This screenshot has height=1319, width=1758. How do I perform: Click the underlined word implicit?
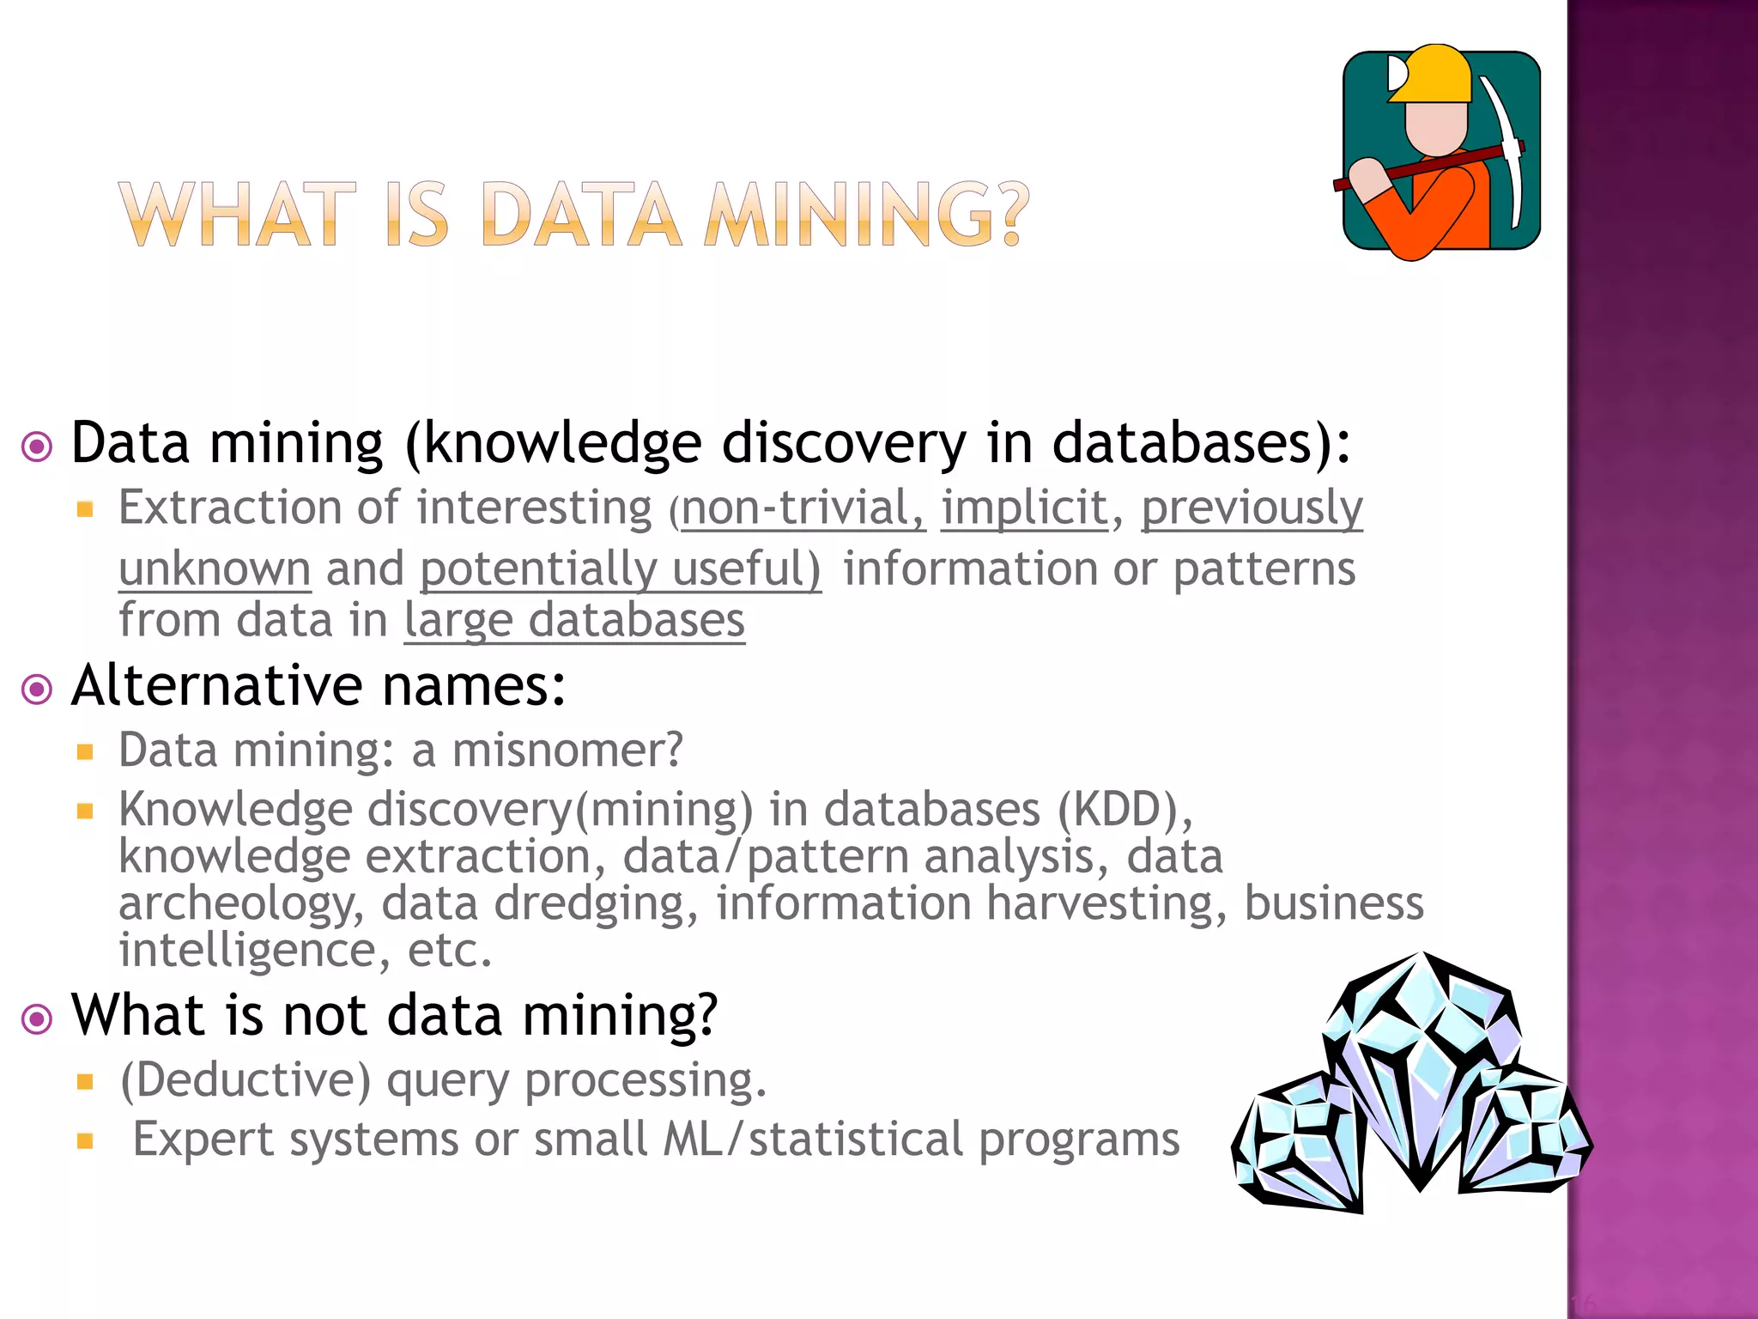pyautogui.click(x=1024, y=508)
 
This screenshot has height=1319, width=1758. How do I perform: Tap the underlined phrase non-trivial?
pyautogui.click(x=803, y=508)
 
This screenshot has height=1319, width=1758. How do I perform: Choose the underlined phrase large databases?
pyautogui.click(x=574, y=620)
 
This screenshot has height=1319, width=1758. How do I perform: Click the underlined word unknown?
pyautogui.click(x=215, y=569)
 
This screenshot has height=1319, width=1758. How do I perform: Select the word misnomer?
pyautogui.click(x=567, y=750)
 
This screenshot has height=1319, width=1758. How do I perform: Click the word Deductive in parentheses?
pyautogui.click(x=246, y=1079)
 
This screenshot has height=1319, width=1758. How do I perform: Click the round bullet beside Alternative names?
pyautogui.click(x=37, y=689)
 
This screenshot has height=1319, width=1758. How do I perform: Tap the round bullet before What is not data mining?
pyautogui.click(x=37, y=1018)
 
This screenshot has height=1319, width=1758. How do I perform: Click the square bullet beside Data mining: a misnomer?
pyautogui.click(x=84, y=752)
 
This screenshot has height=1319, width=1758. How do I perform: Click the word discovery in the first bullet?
pyautogui.click(x=843, y=443)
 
